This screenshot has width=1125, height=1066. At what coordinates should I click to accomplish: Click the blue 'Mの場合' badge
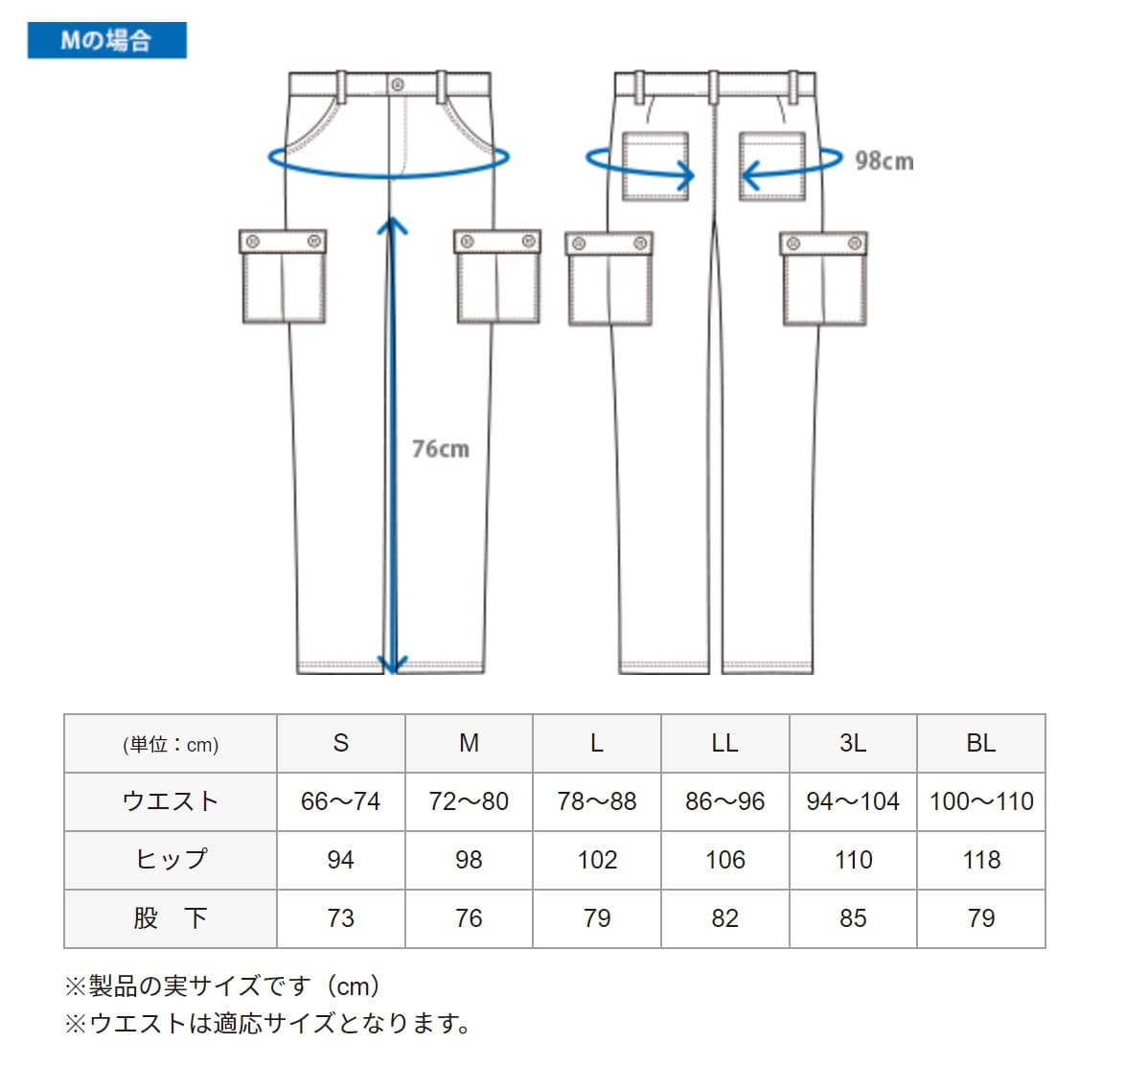[106, 40]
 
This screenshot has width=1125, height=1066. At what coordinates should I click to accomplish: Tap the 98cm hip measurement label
[884, 161]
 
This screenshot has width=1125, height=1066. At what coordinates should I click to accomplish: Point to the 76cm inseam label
[441, 449]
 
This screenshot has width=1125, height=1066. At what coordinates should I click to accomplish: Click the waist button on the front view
[397, 85]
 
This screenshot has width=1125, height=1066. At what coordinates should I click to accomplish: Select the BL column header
[980, 743]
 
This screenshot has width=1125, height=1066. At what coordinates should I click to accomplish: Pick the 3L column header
[852, 743]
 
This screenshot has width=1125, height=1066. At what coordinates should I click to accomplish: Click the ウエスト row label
[171, 801]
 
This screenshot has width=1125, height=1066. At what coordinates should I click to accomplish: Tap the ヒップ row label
[171, 860]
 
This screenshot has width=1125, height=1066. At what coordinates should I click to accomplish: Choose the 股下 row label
[171, 918]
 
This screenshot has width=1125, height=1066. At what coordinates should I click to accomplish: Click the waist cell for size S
[340, 801]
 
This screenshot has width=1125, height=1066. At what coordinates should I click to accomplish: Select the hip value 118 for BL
[980, 860]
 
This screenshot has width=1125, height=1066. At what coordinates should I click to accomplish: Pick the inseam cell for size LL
[724, 918]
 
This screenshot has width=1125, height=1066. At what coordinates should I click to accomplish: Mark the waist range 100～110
[980, 801]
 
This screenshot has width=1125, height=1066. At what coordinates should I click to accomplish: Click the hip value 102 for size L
[596, 860]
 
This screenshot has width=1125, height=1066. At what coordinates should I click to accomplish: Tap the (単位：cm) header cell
[171, 745]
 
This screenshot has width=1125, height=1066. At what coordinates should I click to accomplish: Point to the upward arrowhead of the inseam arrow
[392, 225]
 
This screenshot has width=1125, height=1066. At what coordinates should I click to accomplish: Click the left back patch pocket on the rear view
[655, 166]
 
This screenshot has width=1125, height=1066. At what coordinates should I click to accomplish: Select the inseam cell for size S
[340, 918]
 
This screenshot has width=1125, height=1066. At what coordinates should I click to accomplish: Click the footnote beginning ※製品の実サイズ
[222, 985]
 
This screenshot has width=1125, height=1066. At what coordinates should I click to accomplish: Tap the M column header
[469, 743]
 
